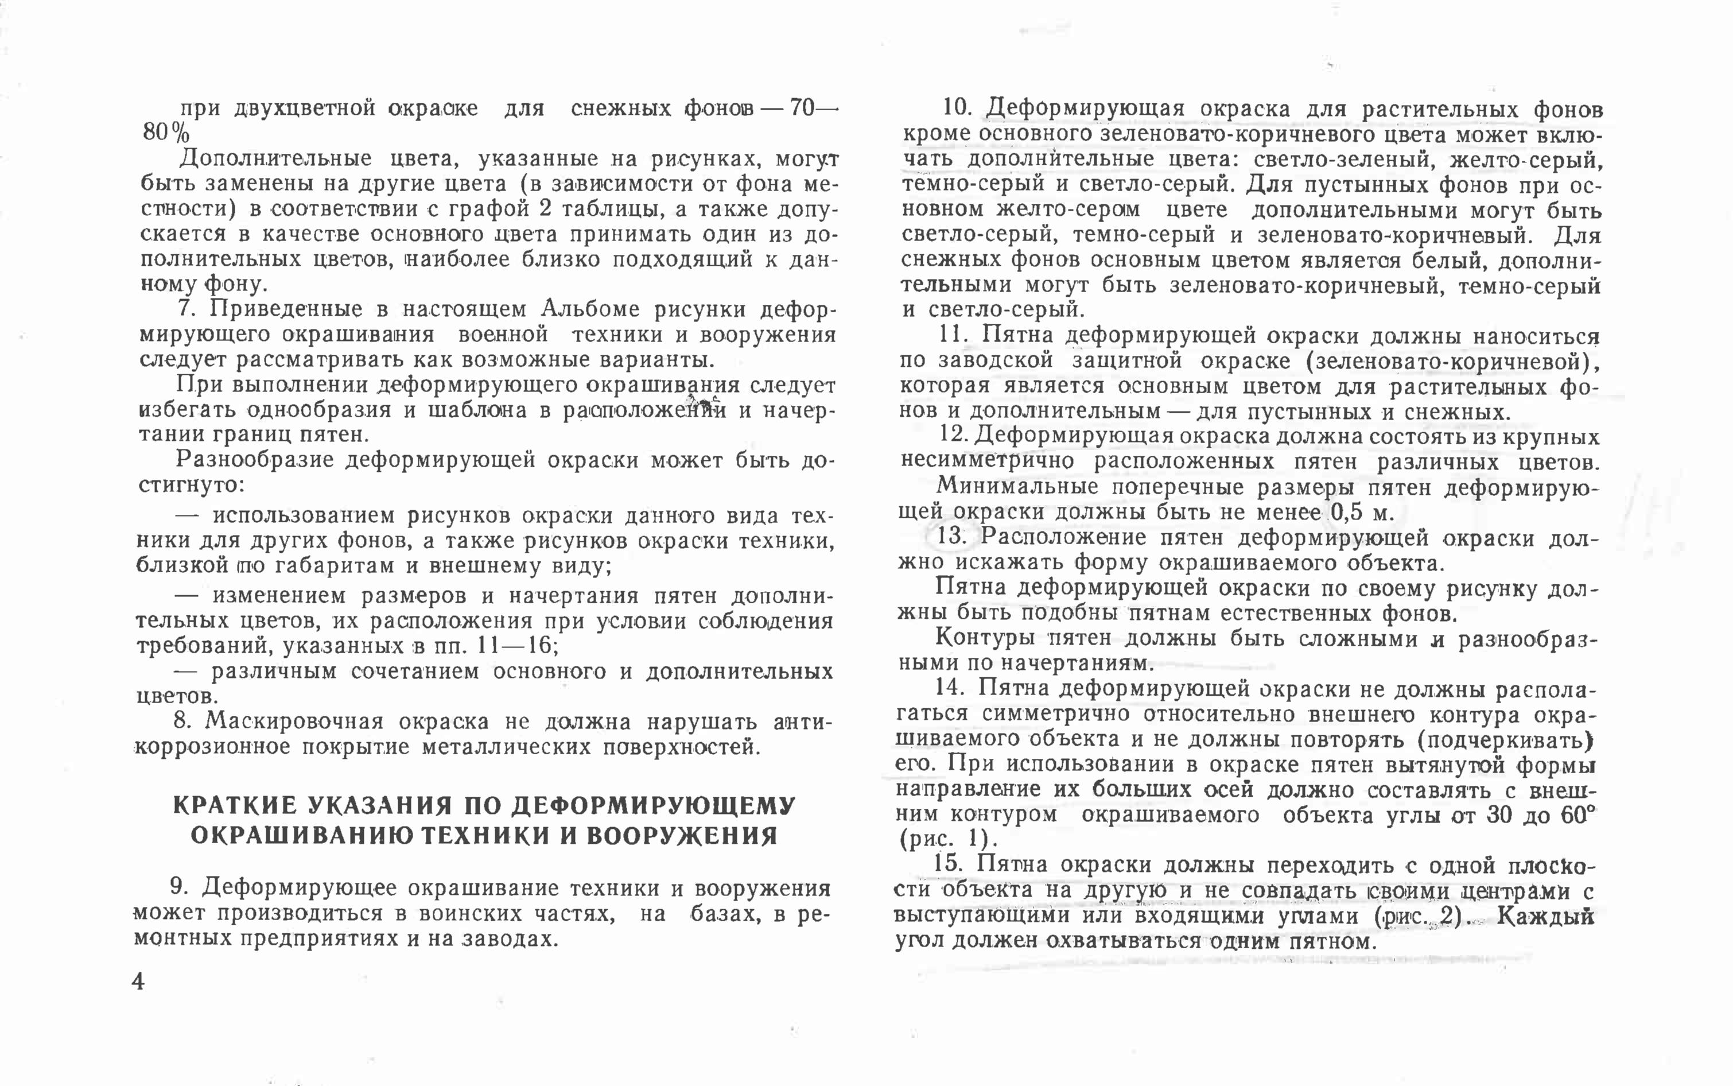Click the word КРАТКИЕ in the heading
point(234,806)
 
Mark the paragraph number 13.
point(952,537)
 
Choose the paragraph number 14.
point(949,688)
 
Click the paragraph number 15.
point(947,863)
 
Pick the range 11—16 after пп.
point(512,646)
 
